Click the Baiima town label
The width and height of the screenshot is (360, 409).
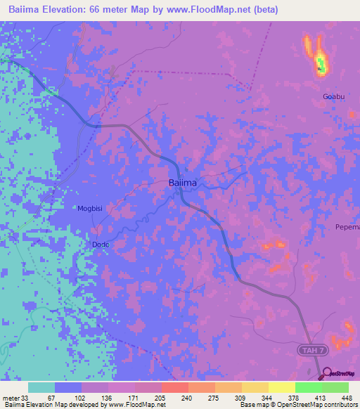pyautogui.click(x=182, y=183)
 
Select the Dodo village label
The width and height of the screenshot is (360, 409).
pyautogui.click(x=102, y=244)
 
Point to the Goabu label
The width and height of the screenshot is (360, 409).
pyautogui.click(x=334, y=96)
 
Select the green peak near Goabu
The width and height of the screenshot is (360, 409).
pyautogui.click(x=321, y=65)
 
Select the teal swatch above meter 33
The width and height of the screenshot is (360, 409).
pyautogui.click(x=41, y=387)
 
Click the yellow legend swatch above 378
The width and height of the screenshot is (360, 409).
pyautogui.click(x=281, y=387)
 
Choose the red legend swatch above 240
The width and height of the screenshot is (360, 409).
pyautogui.click(x=174, y=387)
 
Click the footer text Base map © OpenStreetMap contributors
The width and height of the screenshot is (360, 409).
pyautogui.click(x=298, y=405)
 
